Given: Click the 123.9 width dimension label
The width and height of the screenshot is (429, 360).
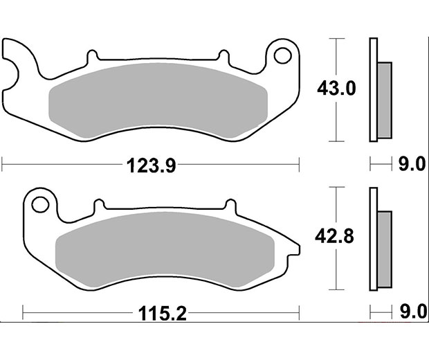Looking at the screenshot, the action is pos(152,165).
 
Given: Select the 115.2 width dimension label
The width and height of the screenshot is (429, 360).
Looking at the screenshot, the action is pos(162,314).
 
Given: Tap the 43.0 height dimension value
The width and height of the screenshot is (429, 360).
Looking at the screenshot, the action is pos(336,89).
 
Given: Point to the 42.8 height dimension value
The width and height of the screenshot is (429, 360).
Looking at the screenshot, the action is pos(334,236).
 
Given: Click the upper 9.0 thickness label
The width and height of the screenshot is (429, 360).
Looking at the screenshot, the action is pos(412,164).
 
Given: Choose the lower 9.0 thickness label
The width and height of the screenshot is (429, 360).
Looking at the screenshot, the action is pos(413,312).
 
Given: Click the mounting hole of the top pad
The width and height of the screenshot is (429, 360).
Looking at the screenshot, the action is pos(282,55).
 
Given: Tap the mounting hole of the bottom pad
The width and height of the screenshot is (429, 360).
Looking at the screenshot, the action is pos(40,205).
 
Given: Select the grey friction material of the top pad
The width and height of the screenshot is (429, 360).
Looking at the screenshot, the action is pos(158,100).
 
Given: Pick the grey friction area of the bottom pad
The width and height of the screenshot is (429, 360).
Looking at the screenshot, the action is pos(165,249).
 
